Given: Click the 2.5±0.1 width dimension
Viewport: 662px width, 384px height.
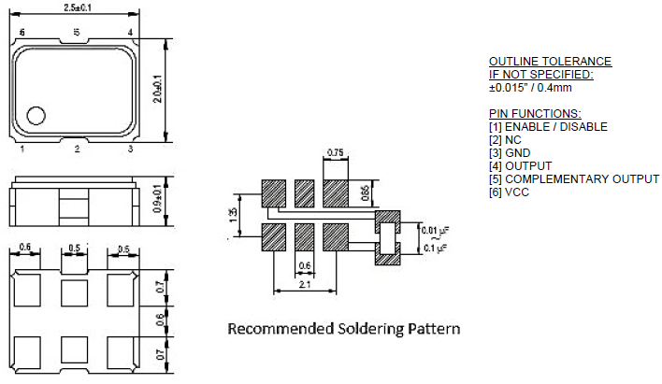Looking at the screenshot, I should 77,7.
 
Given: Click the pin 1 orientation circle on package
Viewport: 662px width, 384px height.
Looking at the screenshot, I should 36,116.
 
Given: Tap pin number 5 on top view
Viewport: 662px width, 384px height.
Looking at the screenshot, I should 76,34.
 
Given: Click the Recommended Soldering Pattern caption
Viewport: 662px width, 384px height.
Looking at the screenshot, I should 344,329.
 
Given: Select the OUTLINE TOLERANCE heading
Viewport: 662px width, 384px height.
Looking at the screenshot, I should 550,62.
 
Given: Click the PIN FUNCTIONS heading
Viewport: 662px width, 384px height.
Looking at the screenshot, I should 535,113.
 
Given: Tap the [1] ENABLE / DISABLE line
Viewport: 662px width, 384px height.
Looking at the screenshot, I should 548,126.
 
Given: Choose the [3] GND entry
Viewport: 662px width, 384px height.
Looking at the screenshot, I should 509,152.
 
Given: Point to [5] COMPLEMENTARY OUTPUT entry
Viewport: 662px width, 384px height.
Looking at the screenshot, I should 574,178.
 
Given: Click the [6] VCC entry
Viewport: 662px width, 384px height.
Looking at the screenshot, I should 509,192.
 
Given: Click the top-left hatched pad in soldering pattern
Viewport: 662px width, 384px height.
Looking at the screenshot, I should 273,193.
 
